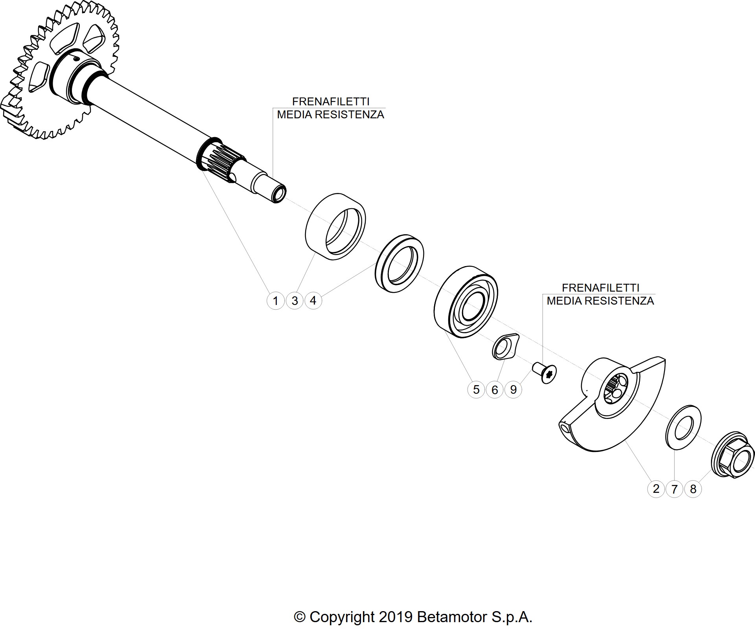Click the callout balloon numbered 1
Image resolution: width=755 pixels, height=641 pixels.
coord(276,301)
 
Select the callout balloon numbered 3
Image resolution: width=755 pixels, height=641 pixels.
coord(295,301)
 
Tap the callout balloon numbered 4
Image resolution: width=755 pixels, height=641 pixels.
coord(313,301)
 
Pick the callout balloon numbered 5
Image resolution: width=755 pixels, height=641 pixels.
coord(476,389)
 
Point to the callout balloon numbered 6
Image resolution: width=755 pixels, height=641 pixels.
coord(495,389)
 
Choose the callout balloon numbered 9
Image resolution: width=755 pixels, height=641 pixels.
coord(513,389)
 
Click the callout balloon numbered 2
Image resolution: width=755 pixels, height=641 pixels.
coord(656,489)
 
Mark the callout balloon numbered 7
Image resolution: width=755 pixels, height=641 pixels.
coord(674,489)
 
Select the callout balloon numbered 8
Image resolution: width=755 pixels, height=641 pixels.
coord(693,489)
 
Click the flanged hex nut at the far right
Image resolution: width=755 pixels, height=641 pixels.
coord(733,455)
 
